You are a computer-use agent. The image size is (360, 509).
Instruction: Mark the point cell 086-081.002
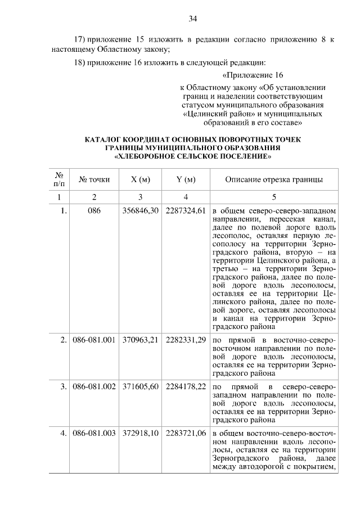[94, 387]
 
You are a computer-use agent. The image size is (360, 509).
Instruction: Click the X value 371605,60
[140, 387]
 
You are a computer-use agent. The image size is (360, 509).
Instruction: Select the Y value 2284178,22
[186, 387]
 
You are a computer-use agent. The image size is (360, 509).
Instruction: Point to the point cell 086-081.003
[94, 434]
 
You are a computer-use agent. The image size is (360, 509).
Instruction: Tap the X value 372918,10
[140, 434]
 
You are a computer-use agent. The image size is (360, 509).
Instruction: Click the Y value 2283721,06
[186, 434]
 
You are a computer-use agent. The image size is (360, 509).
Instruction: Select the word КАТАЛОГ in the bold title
[105, 139]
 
